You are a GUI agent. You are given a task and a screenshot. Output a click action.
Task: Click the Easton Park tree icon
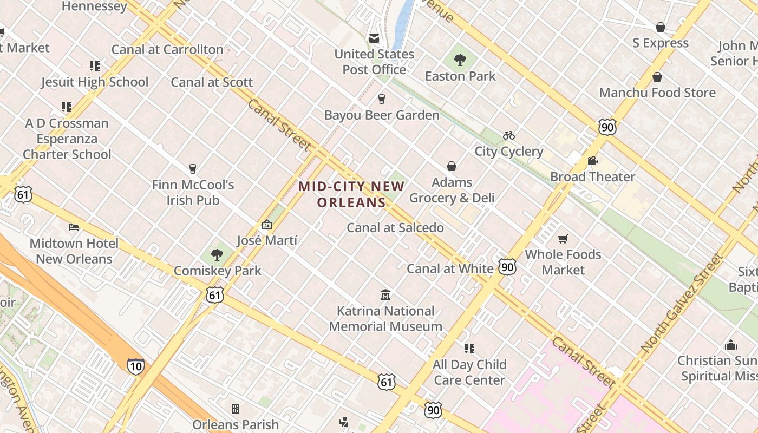(460, 60)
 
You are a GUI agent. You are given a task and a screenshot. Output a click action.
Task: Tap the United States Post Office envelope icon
(374, 38)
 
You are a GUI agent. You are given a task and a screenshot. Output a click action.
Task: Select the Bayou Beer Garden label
(382, 115)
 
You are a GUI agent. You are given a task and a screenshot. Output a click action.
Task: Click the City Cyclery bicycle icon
(509, 135)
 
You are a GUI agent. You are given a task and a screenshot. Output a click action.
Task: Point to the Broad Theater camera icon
(592, 161)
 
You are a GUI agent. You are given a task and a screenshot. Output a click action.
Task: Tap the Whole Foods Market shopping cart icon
(563, 239)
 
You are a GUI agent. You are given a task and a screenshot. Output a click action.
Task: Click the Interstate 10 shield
(136, 366)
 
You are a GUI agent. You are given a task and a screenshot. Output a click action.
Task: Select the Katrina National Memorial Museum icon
(385, 295)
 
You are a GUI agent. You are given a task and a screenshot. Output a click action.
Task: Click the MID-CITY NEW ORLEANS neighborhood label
(351, 194)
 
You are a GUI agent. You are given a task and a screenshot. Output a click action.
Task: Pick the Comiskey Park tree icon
(217, 254)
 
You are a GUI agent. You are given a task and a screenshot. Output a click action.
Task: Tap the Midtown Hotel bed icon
(74, 227)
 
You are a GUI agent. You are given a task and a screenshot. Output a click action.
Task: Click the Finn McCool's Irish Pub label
(193, 192)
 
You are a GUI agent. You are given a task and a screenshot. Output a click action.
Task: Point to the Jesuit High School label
(95, 82)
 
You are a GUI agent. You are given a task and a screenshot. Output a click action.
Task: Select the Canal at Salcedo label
(395, 228)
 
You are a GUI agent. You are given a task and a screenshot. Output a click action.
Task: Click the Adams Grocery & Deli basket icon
(452, 166)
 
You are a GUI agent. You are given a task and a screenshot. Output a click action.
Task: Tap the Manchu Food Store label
(657, 93)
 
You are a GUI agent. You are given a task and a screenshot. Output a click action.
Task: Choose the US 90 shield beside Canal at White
(507, 267)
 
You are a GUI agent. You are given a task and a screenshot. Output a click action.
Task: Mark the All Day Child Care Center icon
(469, 349)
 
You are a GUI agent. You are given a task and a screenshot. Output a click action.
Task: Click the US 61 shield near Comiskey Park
(215, 295)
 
